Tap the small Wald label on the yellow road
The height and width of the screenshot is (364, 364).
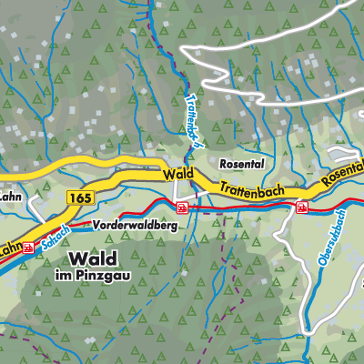pyautogui.click(x=178, y=173)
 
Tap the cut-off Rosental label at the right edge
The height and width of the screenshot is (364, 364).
pyautogui.click(x=343, y=165)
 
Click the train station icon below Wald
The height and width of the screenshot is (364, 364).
pyautogui.click(x=183, y=207)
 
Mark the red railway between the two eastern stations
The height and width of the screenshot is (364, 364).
pyautogui.click(x=241, y=208)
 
